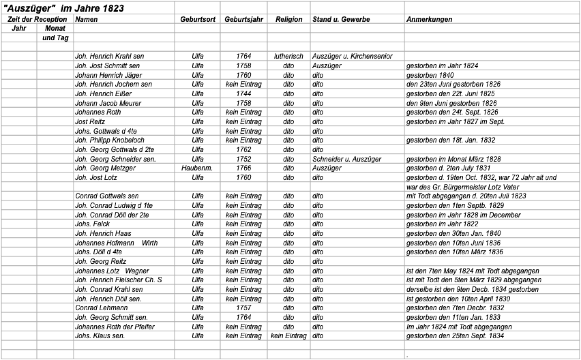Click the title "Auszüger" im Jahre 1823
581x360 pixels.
(x=63, y=8)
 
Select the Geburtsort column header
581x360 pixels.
(x=198, y=19)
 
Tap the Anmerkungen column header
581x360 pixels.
(x=429, y=19)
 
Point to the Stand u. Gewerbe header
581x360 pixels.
(x=341, y=19)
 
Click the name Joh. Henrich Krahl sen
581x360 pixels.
(x=109, y=56)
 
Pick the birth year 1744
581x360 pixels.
(x=243, y=94)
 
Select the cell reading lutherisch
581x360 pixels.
(x=288, y=56)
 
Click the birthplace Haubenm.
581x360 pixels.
(x=197, y=168)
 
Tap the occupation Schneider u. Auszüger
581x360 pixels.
(x=347, y=159)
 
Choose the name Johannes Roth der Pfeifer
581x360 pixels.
(x=115, y=327)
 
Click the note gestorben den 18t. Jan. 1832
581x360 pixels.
(x=451, y=140)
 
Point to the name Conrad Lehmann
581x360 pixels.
(x=101, y=308)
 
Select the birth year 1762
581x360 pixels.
(x=243, y=150)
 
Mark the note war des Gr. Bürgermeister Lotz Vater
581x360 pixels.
(x=462, y=187)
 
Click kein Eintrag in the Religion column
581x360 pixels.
(x=288, y=336)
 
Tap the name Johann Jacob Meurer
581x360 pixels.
(x=108, y=103)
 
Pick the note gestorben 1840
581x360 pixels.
(x=430, y=75)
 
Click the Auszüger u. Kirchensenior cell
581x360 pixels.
(x=352, y=56)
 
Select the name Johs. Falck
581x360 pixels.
(x=92, y=224)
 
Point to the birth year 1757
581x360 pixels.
(x=243, y=308)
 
